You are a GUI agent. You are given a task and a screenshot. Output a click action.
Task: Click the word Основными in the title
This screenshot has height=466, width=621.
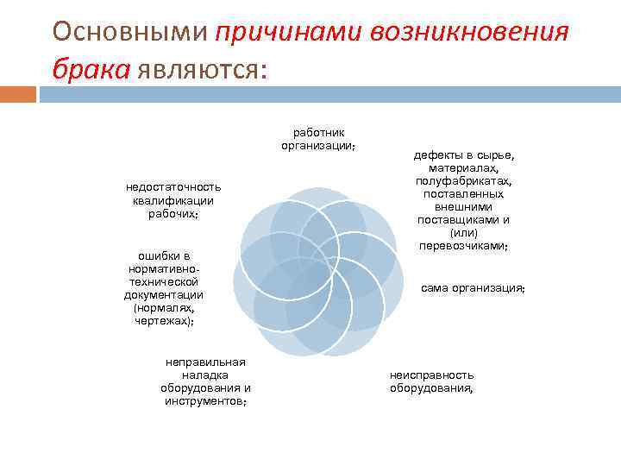(x=129, y=32)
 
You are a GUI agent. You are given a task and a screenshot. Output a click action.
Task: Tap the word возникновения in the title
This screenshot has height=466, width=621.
(x=470, y=32)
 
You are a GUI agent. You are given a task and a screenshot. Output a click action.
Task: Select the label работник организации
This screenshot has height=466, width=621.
(x=318, y=139)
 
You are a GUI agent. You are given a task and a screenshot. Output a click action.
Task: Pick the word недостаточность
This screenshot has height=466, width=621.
(x=173, y=187)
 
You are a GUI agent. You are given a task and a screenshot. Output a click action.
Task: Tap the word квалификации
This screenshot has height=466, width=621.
(x=173, y=200)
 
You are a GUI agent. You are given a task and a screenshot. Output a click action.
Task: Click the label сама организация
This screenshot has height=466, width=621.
(x=473, y=287)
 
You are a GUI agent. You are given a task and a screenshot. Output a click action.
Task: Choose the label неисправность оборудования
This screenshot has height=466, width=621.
(x=431, y=381)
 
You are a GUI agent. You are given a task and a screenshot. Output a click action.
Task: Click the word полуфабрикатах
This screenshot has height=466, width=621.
(x=463, y=181)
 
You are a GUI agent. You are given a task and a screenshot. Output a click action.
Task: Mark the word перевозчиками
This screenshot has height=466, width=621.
(x=463, y=246)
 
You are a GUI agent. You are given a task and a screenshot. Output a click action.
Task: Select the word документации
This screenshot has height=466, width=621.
(x=163, y=294)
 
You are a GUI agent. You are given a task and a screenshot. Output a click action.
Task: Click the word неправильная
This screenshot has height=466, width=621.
(x=205, y=362)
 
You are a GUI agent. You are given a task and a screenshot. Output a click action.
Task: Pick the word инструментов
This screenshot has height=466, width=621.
(x=205, y=401)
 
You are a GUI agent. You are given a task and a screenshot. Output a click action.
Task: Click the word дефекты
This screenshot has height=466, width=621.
(x=438, y=155)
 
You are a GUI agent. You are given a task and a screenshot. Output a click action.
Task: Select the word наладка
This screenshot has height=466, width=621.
(x=204, y=375)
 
